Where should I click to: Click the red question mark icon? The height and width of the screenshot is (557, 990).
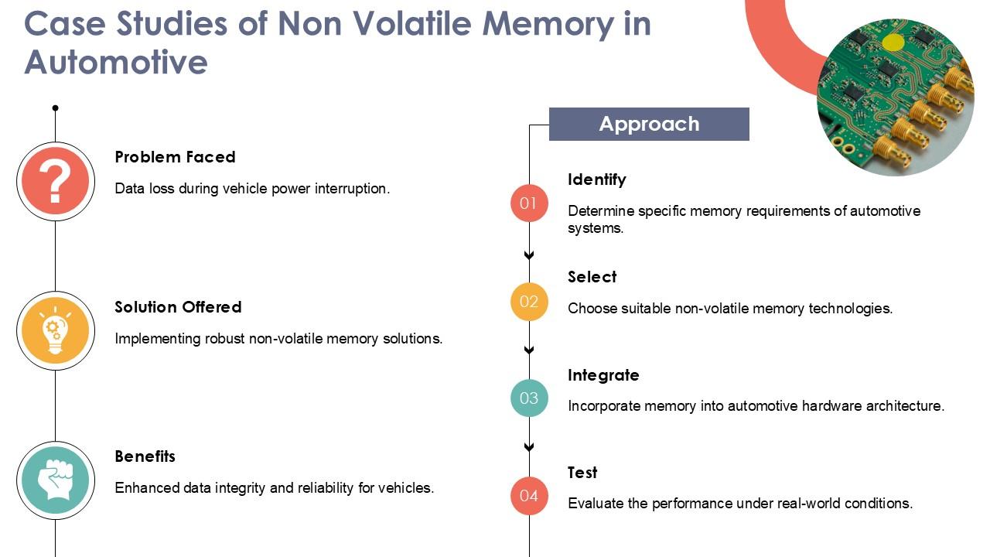[56, 181]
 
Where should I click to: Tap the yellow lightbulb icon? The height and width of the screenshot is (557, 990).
[56, 331]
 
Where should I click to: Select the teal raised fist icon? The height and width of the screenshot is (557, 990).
[56, 480]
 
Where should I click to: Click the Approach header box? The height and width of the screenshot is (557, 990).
[649, 124]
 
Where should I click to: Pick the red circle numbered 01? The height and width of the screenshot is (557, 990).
[529, 203]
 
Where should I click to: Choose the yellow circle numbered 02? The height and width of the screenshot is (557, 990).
[529, 301]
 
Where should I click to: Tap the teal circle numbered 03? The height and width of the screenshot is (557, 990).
[529, 398]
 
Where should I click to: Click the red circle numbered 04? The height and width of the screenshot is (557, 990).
[529, 496]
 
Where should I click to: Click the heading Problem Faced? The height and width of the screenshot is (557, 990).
[175, 157]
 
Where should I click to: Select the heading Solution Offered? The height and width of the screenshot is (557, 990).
[178, 307]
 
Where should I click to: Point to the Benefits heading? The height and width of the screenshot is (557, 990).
[145, 456]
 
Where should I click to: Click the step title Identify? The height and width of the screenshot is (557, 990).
[596, 179]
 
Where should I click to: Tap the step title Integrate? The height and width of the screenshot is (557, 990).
[603, 375]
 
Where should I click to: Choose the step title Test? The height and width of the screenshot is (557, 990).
[582, 473]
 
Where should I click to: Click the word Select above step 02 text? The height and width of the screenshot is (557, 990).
[592, 277]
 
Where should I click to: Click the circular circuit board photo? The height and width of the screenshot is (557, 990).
[896, 97]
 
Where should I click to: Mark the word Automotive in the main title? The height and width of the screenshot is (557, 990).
[116, 61]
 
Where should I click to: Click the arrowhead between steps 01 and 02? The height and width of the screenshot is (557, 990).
[529, 255]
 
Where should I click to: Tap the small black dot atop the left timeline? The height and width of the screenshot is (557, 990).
[56, 108]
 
